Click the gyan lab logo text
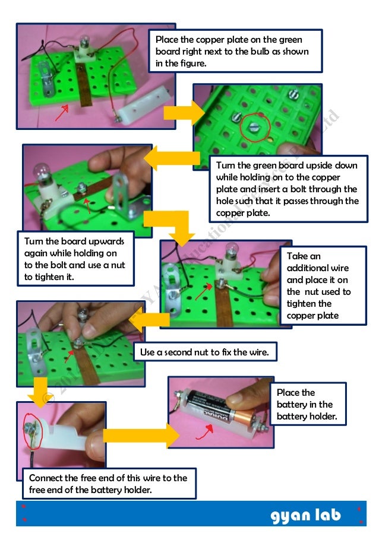(x=306, y=515)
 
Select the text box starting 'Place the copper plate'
(x=235, y=51)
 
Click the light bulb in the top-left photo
(x=84, y=44)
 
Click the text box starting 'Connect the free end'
(x=108, y=483)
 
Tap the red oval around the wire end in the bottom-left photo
(x=29, y=428)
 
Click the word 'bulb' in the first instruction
(x=254, y=51)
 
